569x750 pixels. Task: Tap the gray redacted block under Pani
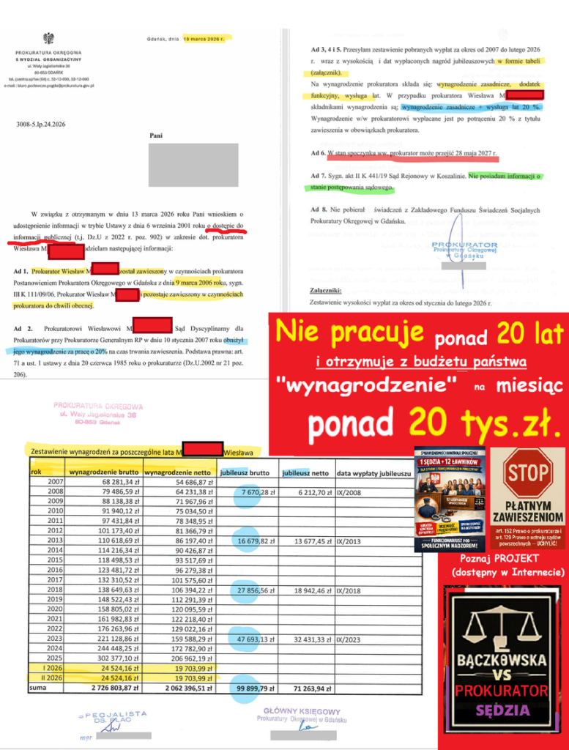[193, 165]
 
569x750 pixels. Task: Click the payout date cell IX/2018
[349, 589]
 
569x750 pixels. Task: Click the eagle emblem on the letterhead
[48, 38]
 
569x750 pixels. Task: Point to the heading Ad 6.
[319, 155]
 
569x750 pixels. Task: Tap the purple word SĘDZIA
[501, 709]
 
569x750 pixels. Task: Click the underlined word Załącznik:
[327, 289]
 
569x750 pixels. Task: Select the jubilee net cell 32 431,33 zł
[308, 638]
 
